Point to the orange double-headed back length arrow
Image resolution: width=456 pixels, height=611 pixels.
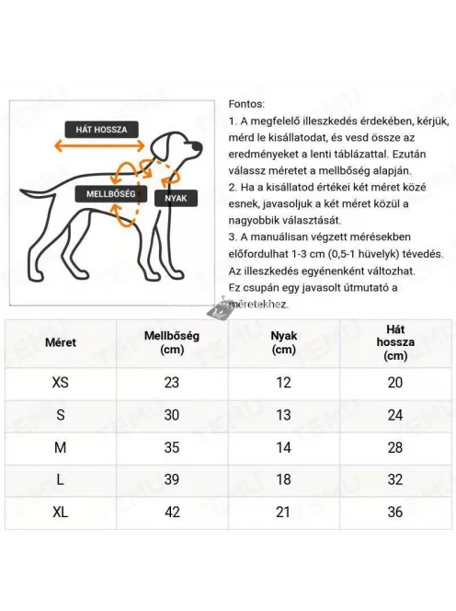click(x=97, y=145)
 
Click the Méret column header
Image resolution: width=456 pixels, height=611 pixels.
click(x=61, y=342)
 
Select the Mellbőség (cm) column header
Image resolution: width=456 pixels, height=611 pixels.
click(x=172, y=342)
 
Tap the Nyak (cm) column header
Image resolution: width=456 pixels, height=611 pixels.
click(x=284, y=342)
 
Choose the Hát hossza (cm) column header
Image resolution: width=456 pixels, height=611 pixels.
click(x=395, y=342)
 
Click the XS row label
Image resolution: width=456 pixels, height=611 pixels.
click(x=61, y=383)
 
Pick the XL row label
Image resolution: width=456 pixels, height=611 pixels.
click(x=61, y=512)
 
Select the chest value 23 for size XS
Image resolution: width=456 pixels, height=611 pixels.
click(x=172, y=383)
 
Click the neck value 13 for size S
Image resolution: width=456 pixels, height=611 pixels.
click(x=284, y=415)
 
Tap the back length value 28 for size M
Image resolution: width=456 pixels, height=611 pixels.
click(x=395, y=447)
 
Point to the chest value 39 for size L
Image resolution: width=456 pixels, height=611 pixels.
click(x=172, y=479)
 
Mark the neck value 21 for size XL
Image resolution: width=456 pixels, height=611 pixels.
click(x=284, y=512)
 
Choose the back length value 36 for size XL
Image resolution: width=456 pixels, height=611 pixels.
click(x=395, y=512)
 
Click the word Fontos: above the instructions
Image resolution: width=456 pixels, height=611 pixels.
click(x=245, y=104)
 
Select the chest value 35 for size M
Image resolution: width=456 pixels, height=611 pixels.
click(x=172, y=447)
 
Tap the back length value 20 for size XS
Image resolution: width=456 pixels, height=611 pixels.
click(x=395, y=383)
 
